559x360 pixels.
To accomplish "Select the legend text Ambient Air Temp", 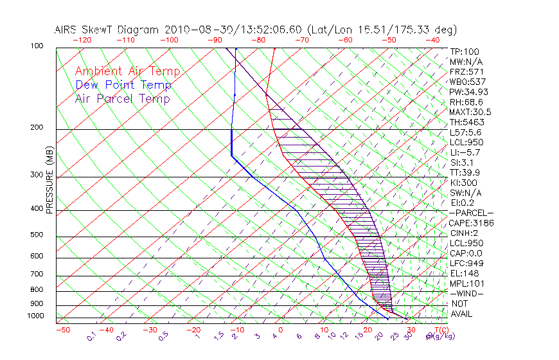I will [127, 71].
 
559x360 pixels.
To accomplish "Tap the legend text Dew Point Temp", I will [123, 85].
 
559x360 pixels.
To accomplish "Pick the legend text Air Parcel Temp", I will [123, 98].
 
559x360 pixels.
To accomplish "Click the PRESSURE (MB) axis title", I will [49, 180].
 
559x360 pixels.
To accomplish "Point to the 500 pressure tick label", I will [38, 235].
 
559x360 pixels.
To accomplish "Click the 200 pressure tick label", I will [38, 127].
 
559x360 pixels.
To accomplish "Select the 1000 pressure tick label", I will [36, 316].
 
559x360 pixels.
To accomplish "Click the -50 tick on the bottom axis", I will [62, 330].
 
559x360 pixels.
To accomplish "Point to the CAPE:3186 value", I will [471, 223].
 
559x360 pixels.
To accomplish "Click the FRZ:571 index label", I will [466, 71].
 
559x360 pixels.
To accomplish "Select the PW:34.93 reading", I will [469, 92].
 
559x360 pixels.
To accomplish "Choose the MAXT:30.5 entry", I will [471, 112].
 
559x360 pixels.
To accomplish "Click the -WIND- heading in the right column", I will [466, 293].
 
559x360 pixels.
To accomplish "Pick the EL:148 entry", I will [464, 273].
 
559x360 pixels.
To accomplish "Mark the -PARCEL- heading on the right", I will [471, 213].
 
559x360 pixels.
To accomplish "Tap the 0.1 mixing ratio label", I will [92, 335].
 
